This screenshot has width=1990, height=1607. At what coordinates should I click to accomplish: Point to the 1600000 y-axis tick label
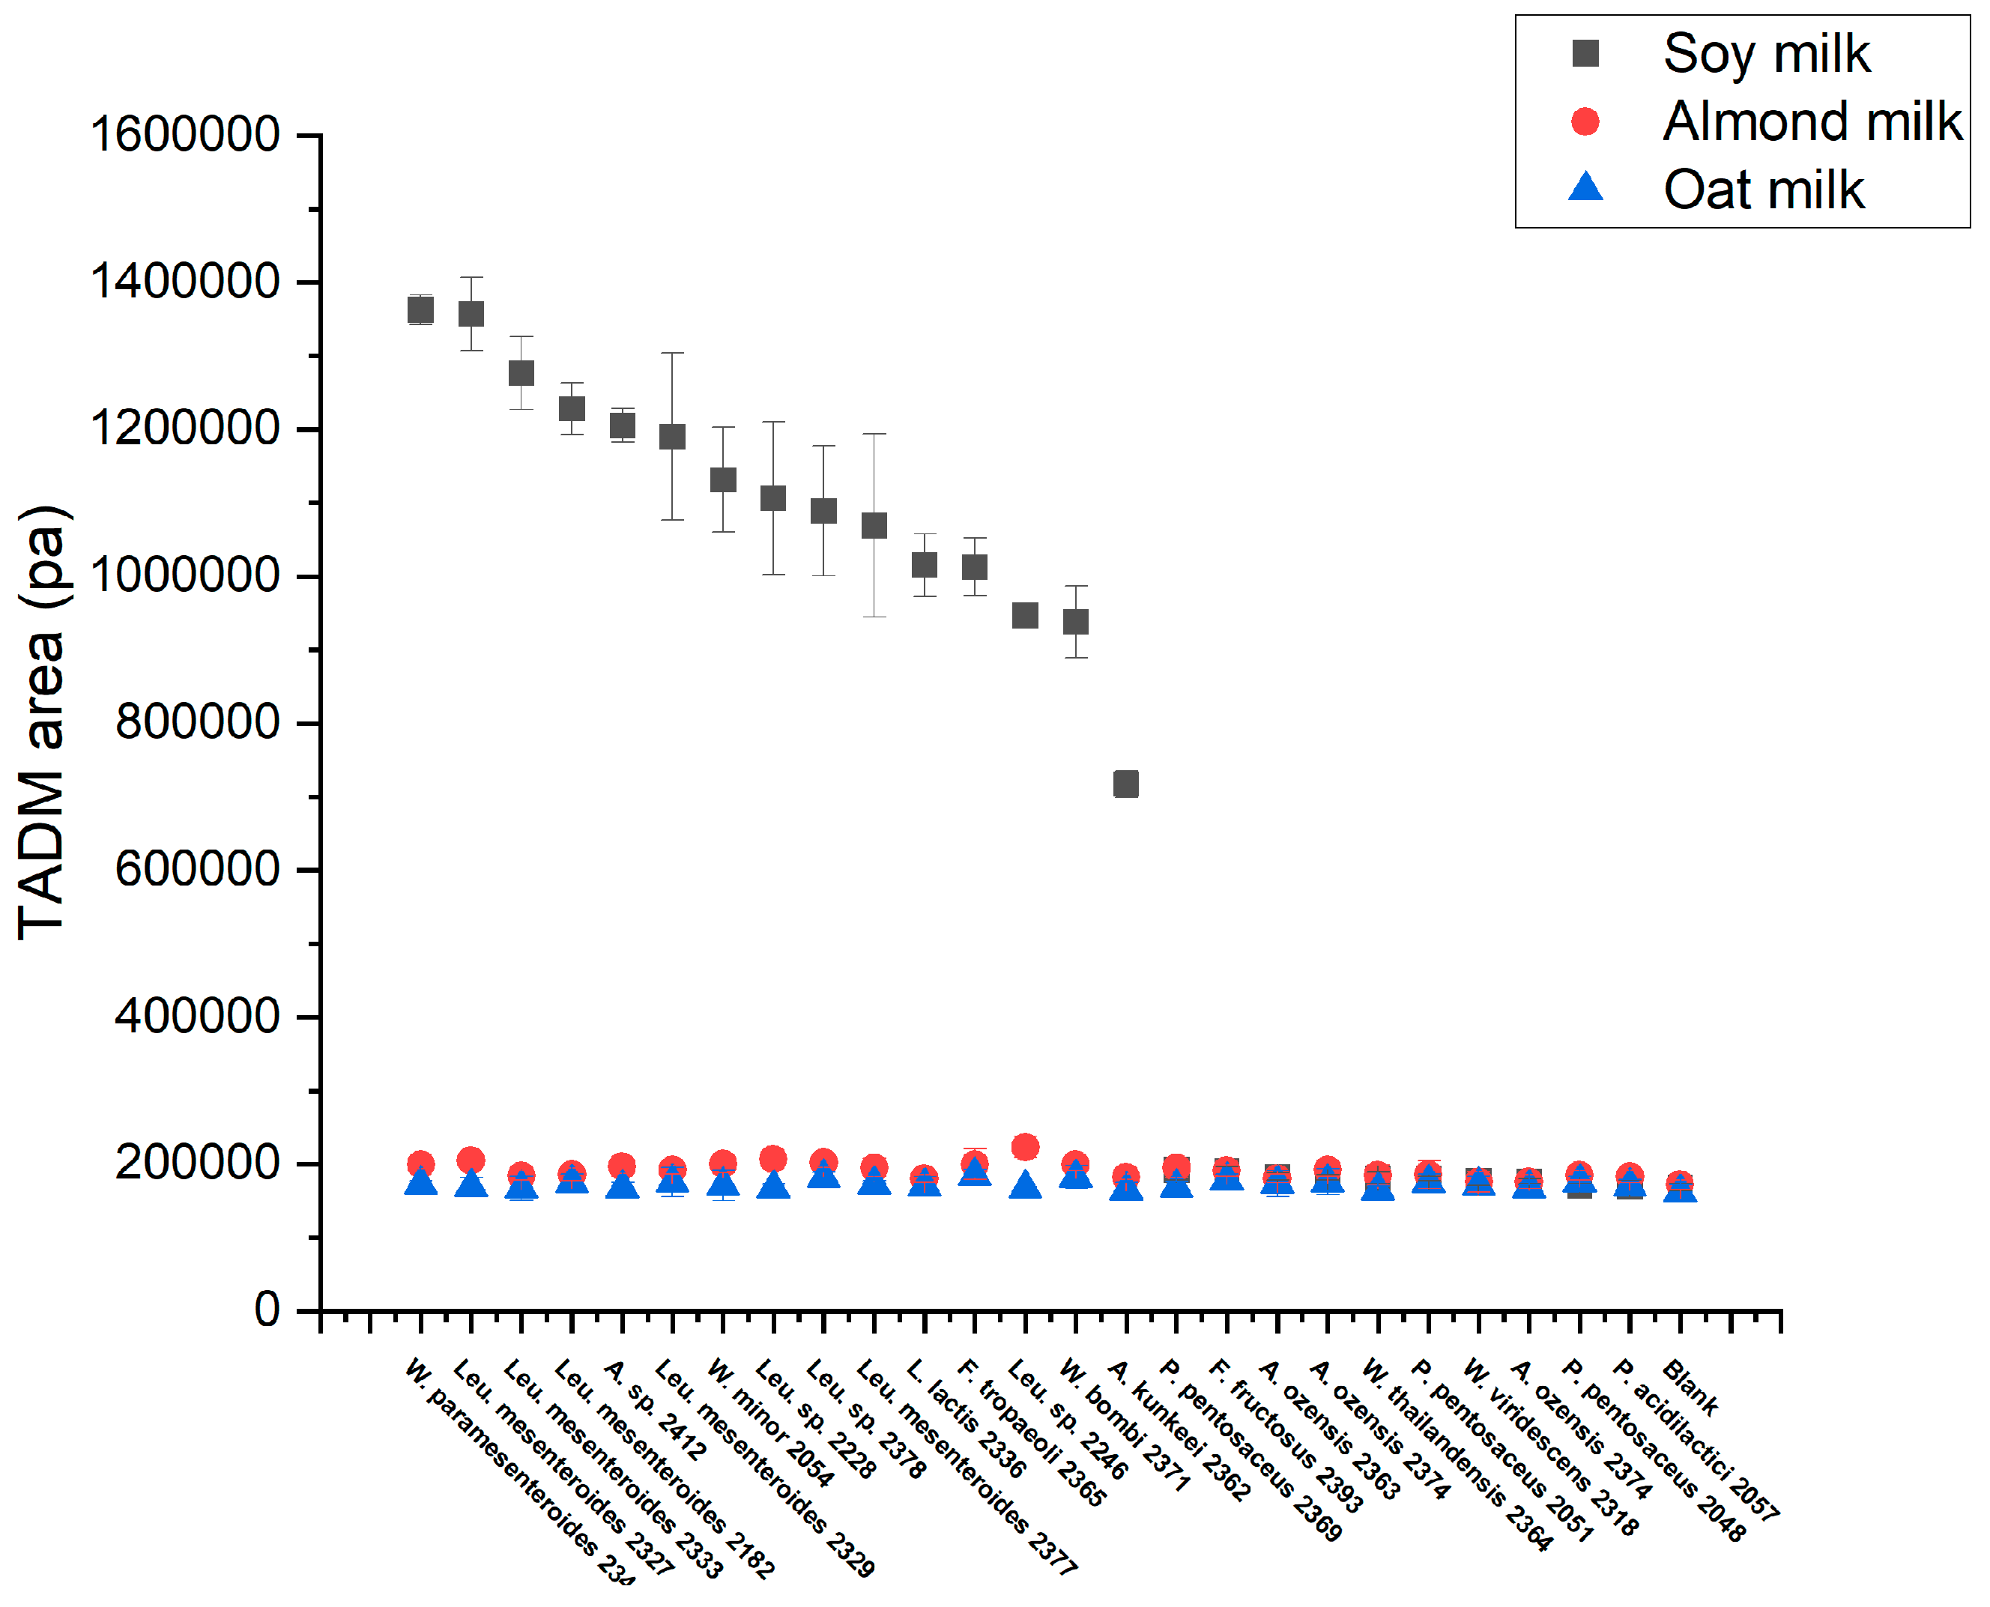point(184,134)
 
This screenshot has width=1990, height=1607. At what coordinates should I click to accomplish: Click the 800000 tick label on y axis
point(196,722)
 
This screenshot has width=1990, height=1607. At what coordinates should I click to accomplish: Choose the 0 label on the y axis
point(267,1310)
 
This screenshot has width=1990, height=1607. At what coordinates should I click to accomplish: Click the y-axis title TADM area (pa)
point(43,722)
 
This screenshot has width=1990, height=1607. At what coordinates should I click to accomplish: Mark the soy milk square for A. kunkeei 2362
point(1125,784)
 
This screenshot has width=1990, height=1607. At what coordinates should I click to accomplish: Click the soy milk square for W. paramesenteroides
point(420,310)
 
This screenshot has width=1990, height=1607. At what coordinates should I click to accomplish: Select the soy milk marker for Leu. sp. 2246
point(1025,616)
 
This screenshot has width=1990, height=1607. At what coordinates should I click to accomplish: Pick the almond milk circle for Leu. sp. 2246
point(1025,1147)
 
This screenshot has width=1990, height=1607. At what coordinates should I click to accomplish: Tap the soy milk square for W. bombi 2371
point(1075,622)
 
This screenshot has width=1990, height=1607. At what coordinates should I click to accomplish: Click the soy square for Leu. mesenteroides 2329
point(672,436)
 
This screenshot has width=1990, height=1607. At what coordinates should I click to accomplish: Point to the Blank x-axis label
point(1690,1387)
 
